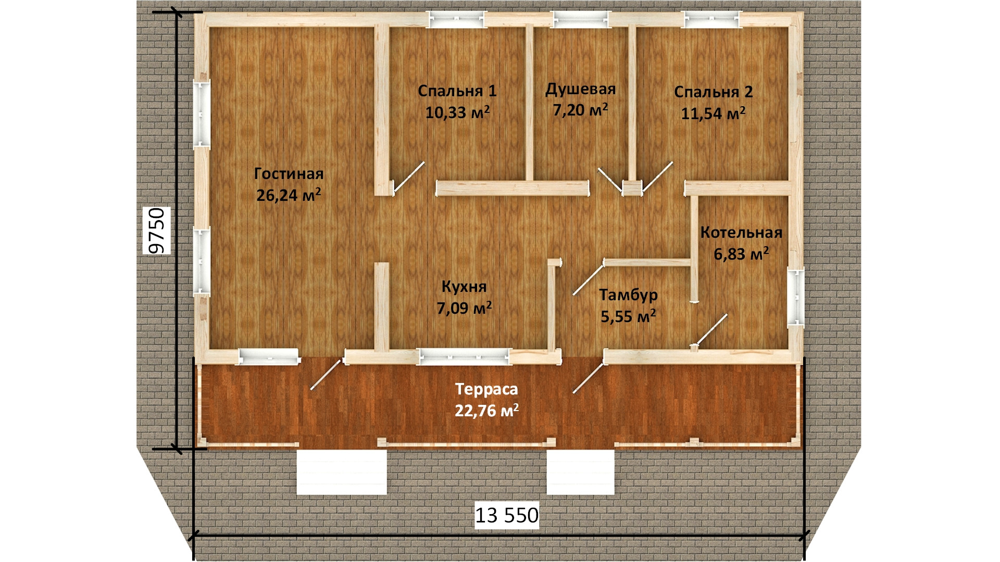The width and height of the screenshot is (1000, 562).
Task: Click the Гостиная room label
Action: pyautogui.click(x=289, y=174)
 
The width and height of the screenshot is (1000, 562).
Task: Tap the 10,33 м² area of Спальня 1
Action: pyautogui.click(x=457, y=112)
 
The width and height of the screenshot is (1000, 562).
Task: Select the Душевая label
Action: pyautogui.click(x=580, y=90)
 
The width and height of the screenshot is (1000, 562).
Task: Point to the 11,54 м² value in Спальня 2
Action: pyautogui.click(x=713, y=113)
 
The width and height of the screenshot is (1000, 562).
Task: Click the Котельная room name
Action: pyautogui.click(x=741, y=232)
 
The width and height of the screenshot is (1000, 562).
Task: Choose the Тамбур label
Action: pyautogui.click(x=628, y=295)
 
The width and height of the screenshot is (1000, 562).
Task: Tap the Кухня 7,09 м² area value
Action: pyautogui.click(x=464, y=309)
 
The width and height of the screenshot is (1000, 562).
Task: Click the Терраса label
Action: pyautogui.click(x=486, y=389)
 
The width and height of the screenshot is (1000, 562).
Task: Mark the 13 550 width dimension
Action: pyautogui.click(x=507, y=515)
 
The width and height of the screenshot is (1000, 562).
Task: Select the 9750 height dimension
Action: pyautogui.click(x=156, y=231)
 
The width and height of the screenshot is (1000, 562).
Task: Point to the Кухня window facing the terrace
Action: pyautogui.click(x=465, y=356)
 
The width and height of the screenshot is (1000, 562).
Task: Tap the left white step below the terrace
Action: pyautogui.click(x=342, y=472)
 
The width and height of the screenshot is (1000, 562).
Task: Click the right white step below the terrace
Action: pyautogui.click(x=581, y=472)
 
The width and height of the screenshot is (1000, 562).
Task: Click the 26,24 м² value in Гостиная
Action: pyautogui.click(x=289, y=195)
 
